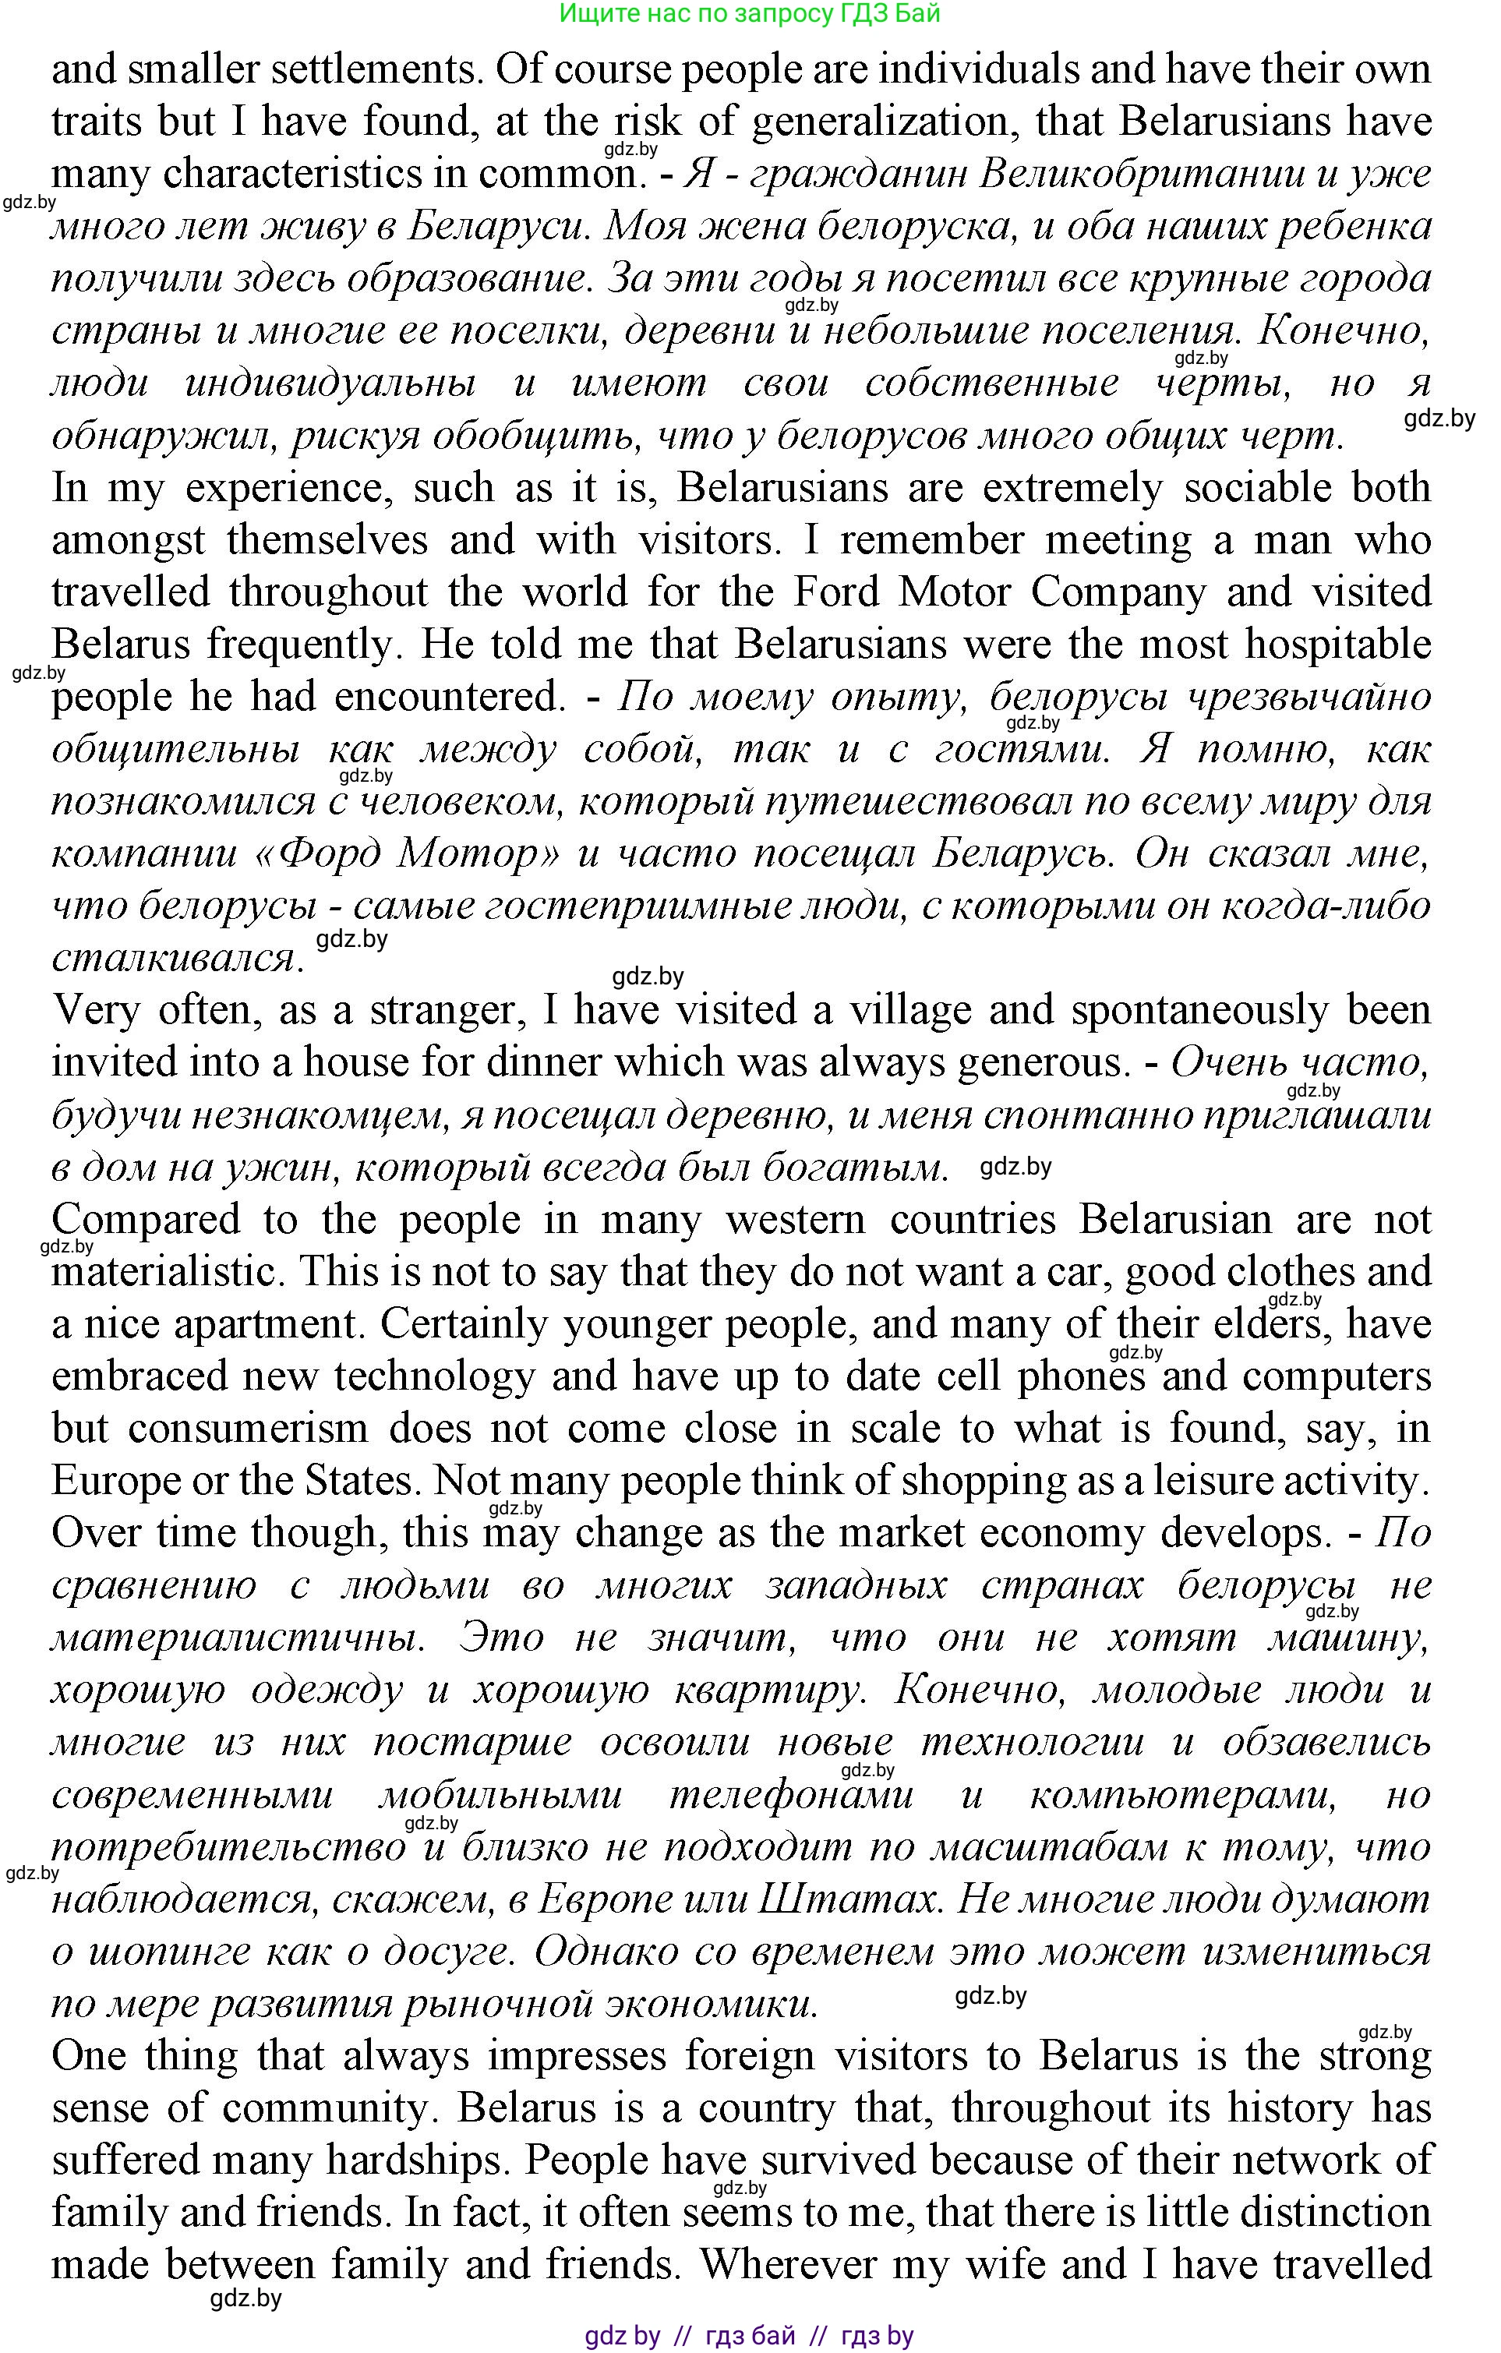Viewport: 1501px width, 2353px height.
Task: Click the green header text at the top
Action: coord(750,14)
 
